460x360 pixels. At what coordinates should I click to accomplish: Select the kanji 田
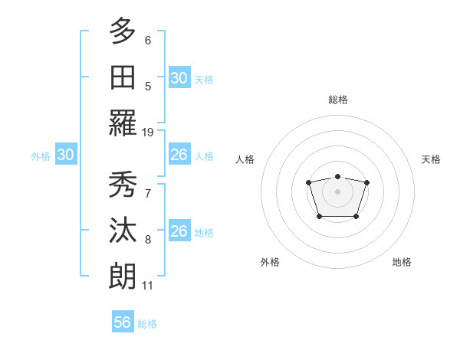coord(123,77)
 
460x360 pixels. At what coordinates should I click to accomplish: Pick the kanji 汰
coord(123,231)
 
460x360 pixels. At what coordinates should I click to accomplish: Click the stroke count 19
coord(148,132)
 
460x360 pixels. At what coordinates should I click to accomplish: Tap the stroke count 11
coord(147,286)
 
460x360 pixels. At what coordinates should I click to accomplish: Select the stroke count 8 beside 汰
coord(148,240)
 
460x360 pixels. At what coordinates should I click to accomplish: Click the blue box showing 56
coord(123,322)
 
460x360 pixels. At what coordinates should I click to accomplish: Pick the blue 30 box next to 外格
coord(66,155)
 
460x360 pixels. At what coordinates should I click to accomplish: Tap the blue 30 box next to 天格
coord(179,78)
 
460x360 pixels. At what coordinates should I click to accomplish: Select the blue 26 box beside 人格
coord(179,155)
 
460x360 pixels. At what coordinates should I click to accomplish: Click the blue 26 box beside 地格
coord(179,231)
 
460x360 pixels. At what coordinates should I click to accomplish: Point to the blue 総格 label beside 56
coord(147,324)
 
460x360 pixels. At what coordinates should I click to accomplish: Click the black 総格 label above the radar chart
coord(337,100)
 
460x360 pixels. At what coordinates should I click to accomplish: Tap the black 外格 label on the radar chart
coord(270,262)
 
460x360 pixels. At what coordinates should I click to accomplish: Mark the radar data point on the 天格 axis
coord(366,182)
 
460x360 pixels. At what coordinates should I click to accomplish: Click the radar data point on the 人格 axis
coord(308,182)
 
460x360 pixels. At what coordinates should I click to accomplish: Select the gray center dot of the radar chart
coord(337,191)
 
